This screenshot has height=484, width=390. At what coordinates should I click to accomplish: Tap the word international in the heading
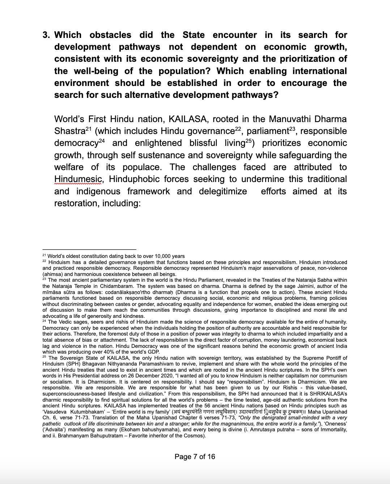[x=318, y=71]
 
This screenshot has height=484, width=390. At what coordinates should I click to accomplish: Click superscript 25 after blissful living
[x=249, y=141]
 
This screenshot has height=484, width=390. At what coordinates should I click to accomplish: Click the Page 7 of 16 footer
[x=195, y=457]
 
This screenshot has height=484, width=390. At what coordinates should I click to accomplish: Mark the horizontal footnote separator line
[x=89, y=249]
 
